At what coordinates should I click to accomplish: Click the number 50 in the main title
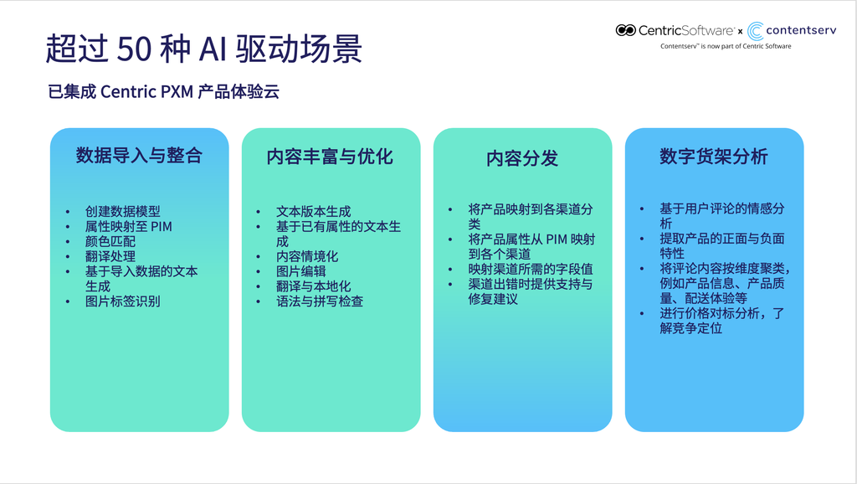pos(134,49)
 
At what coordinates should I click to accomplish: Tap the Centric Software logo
pos(675,31)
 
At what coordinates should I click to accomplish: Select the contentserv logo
pos(792,31)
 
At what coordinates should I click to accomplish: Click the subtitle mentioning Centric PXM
pos(163,91)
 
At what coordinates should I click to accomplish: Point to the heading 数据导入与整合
pos(140,155)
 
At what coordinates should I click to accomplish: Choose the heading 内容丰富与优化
pos(330,157)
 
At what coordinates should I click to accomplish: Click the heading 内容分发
pos(522,158)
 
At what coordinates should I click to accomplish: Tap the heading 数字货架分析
pos(714,157)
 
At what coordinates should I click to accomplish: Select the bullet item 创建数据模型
pos(122,211)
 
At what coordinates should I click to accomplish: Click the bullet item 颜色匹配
pos(110,241)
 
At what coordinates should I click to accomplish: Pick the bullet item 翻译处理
pos(110,256)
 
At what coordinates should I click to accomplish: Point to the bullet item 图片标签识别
pos(122,301)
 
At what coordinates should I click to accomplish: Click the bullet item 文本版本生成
pos(313,211)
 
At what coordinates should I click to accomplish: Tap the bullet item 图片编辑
pos(300,270)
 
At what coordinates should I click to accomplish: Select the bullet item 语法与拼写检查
pos(320,301)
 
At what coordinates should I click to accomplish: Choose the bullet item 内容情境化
pos(307,256)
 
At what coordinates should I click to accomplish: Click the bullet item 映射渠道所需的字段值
pos(530,269)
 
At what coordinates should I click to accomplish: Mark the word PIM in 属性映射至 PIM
pos(162,226)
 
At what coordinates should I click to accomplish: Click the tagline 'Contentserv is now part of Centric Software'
pos(726,47)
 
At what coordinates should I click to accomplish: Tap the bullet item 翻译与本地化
pos(313,286)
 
